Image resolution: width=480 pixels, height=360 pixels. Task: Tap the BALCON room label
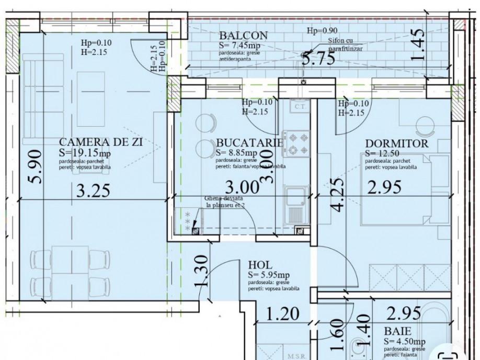244,36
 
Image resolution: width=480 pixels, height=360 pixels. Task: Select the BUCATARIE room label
249,143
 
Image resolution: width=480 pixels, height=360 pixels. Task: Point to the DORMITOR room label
396,143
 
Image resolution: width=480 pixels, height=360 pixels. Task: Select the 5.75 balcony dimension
318,58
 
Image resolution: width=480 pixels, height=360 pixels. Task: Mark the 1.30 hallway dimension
202,271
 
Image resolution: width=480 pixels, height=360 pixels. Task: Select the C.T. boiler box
300,107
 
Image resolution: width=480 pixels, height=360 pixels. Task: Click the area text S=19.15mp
85,153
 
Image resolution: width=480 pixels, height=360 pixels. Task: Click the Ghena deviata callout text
225,201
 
